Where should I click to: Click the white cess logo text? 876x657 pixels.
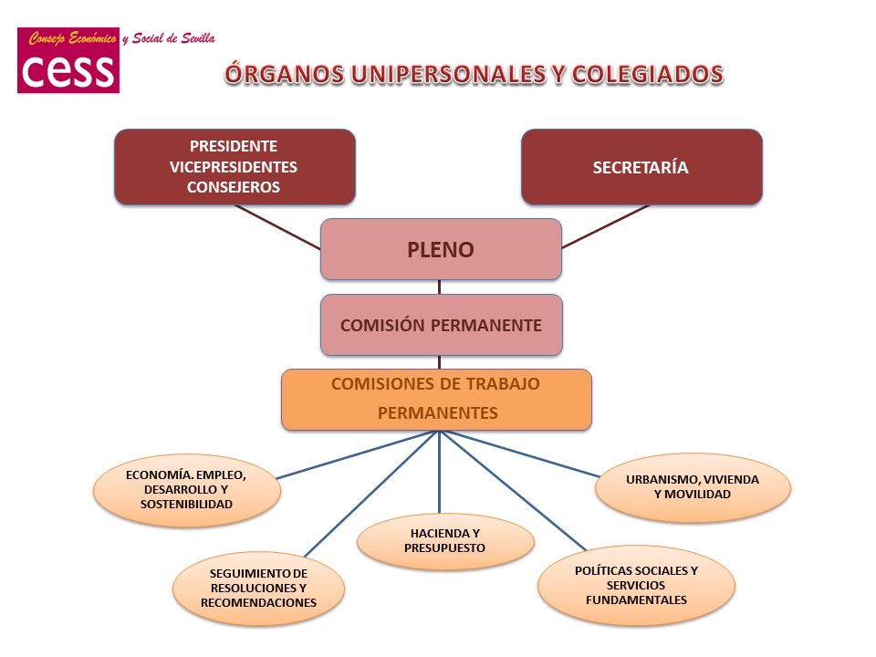click(68, 70)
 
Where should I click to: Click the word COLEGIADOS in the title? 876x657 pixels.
click(648, 75)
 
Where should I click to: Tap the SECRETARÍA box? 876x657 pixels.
click(641, 167)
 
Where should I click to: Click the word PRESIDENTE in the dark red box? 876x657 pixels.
click(234, 146)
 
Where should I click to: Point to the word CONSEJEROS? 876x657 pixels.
click(234, 187)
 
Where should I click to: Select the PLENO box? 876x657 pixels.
click(441, 249)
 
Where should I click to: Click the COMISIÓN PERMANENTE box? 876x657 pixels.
click(441, 325)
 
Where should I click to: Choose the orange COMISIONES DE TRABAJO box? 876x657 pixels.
click(436, 399)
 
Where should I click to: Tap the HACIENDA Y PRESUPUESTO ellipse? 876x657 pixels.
click(444, 540)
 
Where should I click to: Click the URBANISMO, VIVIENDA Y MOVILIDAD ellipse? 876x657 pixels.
click(693, 486)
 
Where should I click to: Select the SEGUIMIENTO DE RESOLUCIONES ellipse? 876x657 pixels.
click(258, 588)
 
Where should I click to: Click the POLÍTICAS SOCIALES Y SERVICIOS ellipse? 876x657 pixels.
click(636, 585)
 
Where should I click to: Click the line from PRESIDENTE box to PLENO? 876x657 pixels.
click(277, 226)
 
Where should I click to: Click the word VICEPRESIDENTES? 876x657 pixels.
click(234, 167)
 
